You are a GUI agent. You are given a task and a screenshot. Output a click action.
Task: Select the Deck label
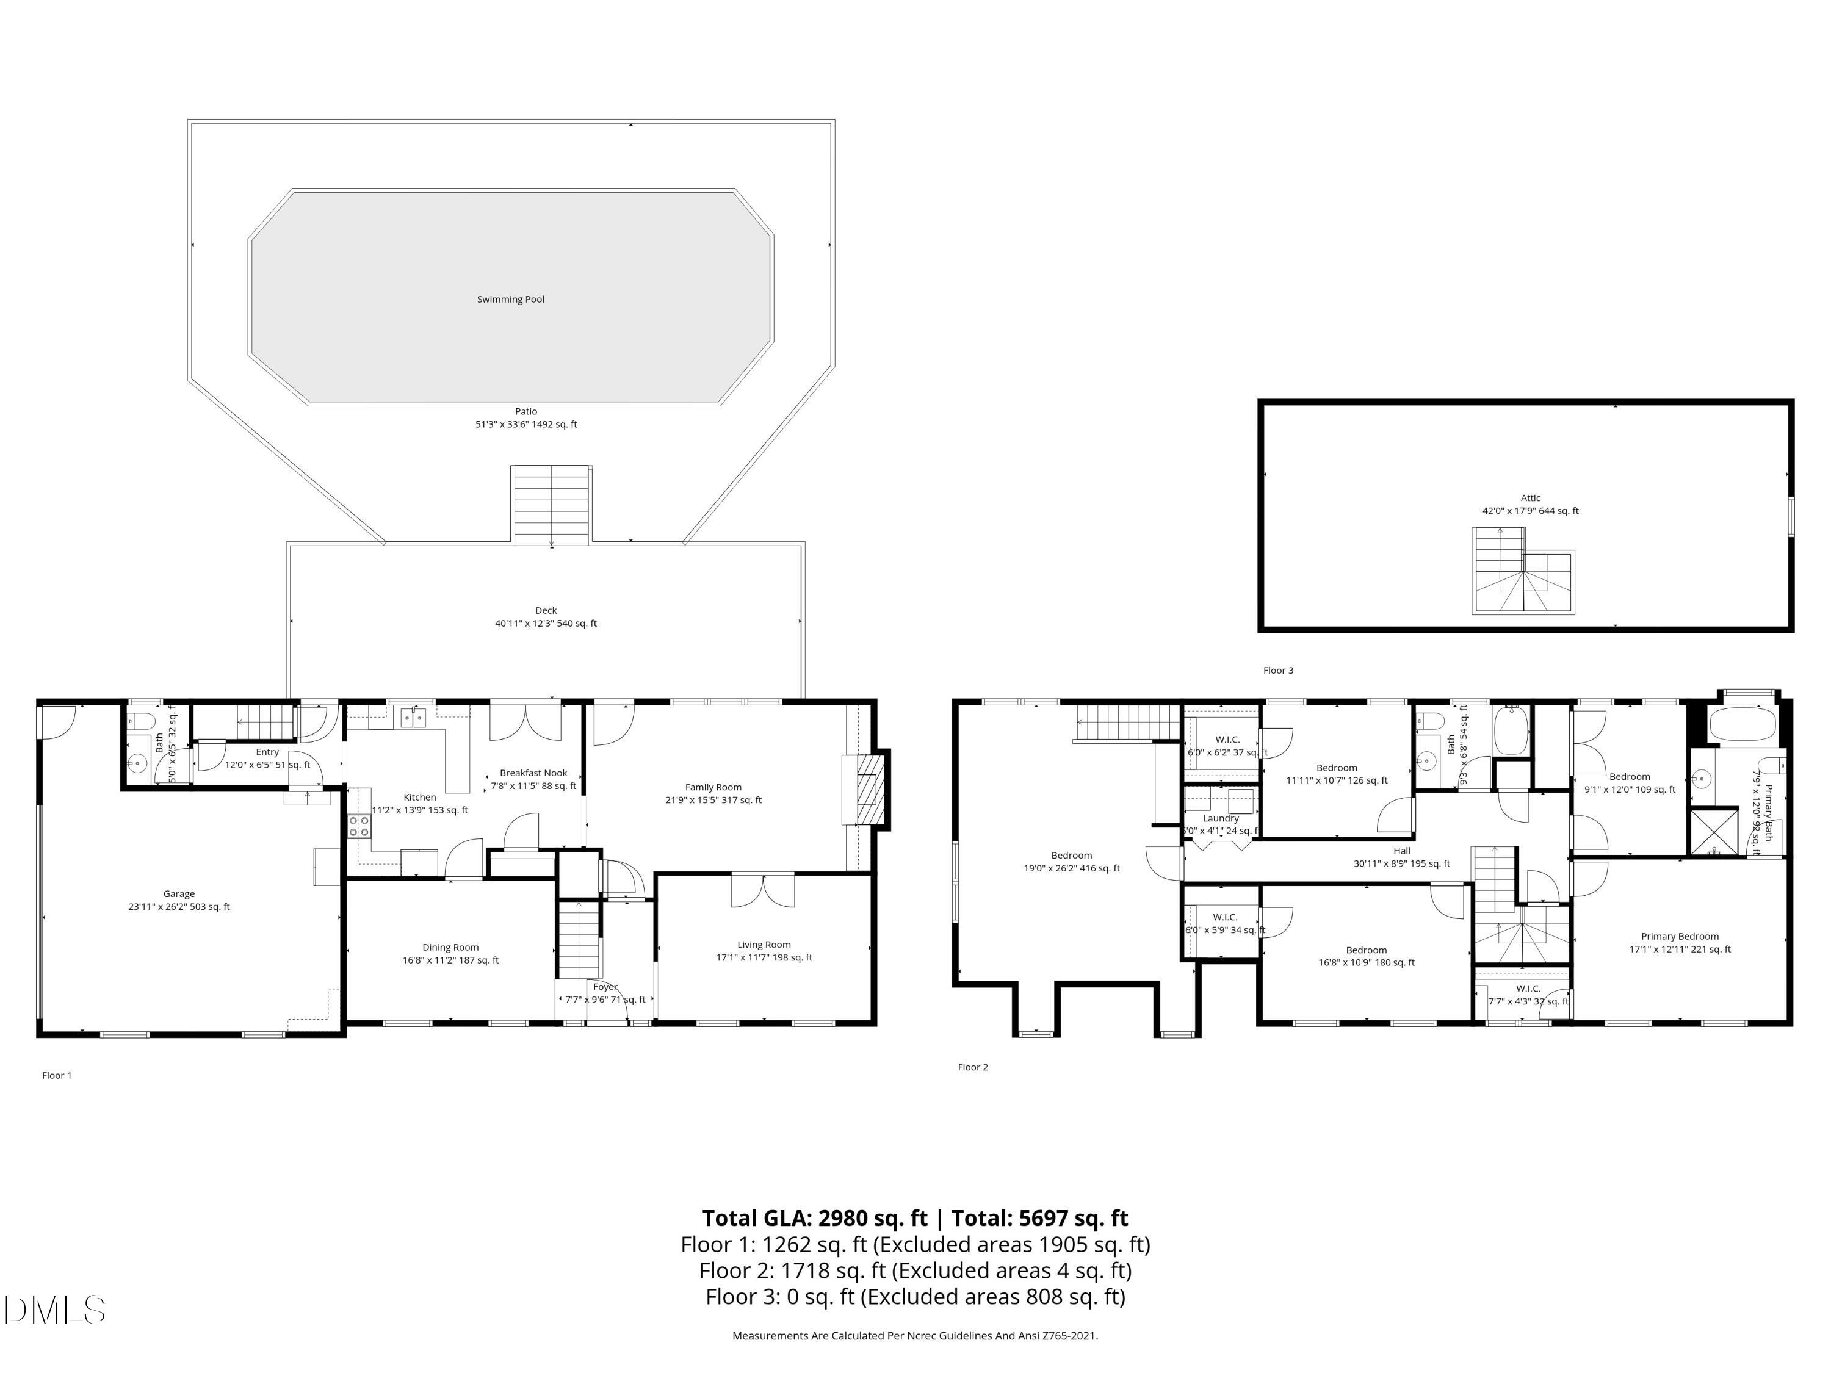click(546, 611)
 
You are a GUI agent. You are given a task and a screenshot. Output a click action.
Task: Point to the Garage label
click(179, 894)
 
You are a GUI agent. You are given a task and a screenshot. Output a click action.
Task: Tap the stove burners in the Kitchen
click(359, 825)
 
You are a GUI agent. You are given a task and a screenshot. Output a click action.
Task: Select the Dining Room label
click(450, 948)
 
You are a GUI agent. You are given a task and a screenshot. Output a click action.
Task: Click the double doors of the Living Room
click(762, 890)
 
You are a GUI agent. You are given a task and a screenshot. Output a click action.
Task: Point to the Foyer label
click(605, 987)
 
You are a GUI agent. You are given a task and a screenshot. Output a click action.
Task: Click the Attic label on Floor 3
click(1529, 498)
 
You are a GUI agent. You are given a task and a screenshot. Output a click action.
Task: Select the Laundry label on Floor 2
click(1221, 818)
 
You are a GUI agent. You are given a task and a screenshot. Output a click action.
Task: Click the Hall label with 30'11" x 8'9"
click(1401, 851)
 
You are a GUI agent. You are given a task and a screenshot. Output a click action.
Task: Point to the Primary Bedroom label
click(1680, 937)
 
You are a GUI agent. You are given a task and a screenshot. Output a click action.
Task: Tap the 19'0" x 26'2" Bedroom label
click(1071, 856)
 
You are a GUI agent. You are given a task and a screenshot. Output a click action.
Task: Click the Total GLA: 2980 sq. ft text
click(815, 1218)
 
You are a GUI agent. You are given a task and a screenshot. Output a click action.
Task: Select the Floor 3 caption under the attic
click(1277, 671)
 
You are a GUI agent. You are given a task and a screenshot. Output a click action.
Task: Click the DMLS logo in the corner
click(55, 1310)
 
